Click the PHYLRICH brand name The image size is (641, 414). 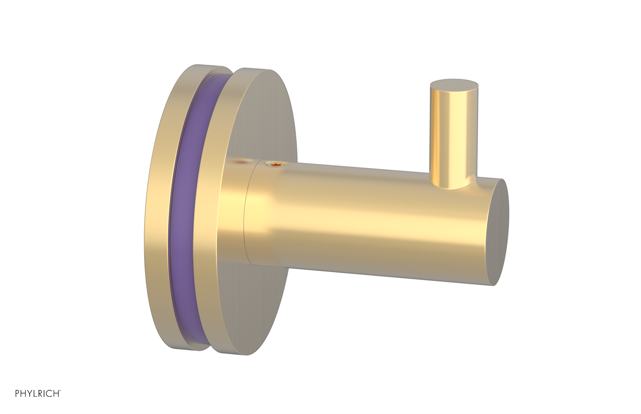pos(37,394)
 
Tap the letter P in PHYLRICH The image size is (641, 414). pos(17,394)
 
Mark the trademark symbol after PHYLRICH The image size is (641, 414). pos(60,391)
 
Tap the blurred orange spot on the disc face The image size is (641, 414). pos(240,162)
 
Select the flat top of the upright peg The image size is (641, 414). pos(454,84)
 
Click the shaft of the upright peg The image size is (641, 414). pos(453,132)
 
